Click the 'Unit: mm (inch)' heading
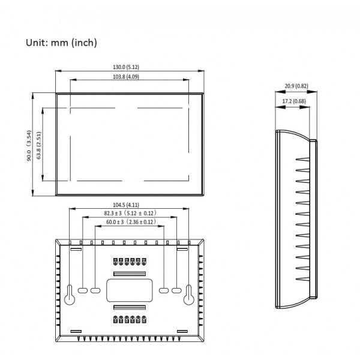coord(61,43)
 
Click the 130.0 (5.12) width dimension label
coord(130,67)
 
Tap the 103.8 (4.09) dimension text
coord(130,77)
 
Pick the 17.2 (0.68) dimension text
coord(293,101)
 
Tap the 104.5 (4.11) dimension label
coord(130,205)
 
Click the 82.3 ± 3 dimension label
coord(130,213)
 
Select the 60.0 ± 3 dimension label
coord(130,222)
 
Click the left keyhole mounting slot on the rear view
coord(70,295)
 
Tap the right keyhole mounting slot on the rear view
coord(190,295)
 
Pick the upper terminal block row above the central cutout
coord(130,262)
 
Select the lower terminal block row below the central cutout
coord(130,319)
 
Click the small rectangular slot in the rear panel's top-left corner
coord(76,247)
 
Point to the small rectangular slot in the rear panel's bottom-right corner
coord(184,331)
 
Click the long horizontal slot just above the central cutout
coord(130,273)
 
